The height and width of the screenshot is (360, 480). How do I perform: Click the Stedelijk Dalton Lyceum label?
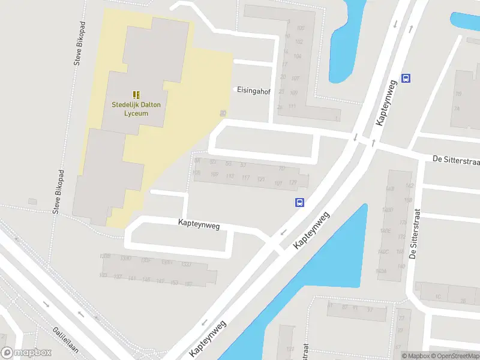136,108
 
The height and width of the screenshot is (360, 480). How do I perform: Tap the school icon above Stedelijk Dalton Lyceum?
136,94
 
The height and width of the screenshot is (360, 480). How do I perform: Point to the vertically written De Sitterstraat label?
414,234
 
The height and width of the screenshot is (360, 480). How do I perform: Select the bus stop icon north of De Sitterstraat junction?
406,78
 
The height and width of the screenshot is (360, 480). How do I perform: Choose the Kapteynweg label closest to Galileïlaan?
207,340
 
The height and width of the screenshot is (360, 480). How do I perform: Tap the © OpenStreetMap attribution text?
454,356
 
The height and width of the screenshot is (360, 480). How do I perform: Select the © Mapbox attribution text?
416,356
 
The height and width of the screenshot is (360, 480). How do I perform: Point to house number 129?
293,182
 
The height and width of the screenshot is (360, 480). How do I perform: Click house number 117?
245,178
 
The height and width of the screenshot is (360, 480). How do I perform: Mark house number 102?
299,41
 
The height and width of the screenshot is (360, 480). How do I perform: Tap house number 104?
298,55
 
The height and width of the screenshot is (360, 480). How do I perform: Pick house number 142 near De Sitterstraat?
410,186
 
